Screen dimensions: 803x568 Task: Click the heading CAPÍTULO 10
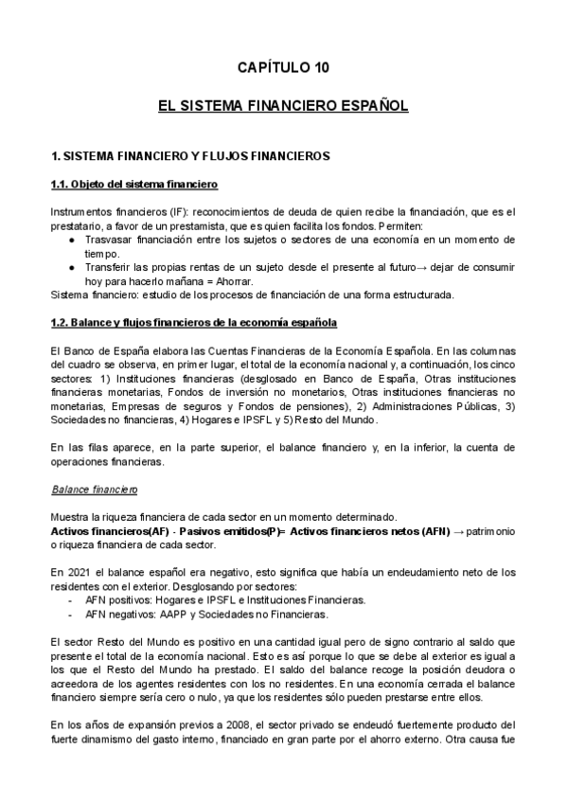click(283, 67)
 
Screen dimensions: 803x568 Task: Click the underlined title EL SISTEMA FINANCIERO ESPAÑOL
click(283, 107)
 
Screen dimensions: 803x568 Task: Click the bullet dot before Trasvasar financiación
click(74, 241)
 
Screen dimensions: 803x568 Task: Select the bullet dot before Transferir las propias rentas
click(74, 267)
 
